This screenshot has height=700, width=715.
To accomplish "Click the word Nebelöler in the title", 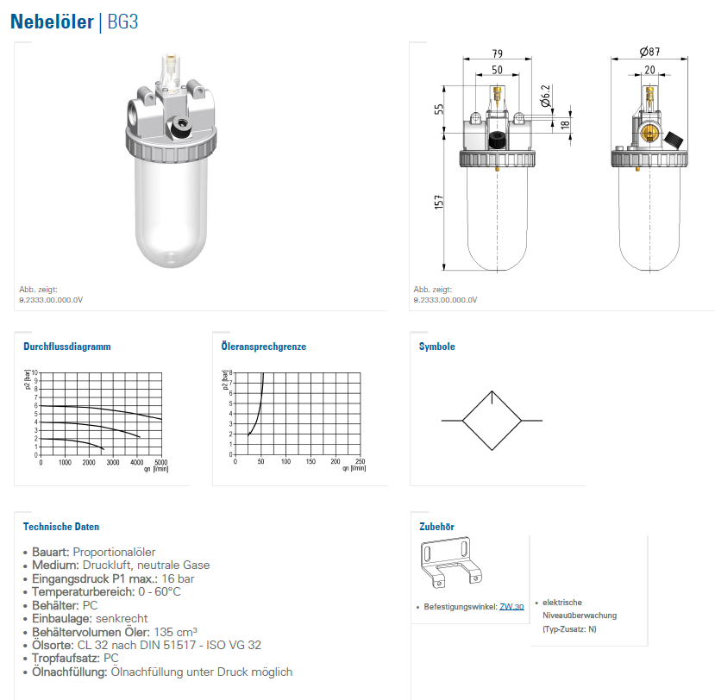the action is pyautogui.click(x=52, y=22).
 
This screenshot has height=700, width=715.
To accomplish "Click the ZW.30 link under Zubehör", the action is pyautogui.click(x=511, y=607).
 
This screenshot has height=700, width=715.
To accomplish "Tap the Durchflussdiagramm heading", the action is pyautogui.click(x=67, y=347).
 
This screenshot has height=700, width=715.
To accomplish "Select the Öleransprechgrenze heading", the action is pyautogui.click(x=264, y=347).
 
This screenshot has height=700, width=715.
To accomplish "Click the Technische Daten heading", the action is pyautogui.click(x=61, y=527).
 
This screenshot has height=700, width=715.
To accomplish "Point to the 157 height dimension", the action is pyautogui.click(x=439, y=202).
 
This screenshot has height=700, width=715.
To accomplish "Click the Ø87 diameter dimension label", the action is pyautogui.click(x=649, y=52).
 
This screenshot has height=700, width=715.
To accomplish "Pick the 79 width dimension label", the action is pyautogui.click(x=498, y=53).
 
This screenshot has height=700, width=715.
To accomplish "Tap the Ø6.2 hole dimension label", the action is pyautogui.click(x=545, y=96).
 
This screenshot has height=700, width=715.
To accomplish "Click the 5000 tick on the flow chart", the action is pyautogui.click(x=161, y=462).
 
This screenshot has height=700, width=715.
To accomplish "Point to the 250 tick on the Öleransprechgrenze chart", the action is pyautogui.click(x=361, y=461).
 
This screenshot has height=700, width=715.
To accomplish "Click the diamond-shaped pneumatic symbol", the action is pyautogui.click(x=492, y=421).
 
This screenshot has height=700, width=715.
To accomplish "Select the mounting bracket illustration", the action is pyautogui.click(x=451, y=563).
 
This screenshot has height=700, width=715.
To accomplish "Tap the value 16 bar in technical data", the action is pyautogui.click(x=178, y=578).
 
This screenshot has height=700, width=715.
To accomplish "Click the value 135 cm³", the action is pyautogui.click(x=176, y=632).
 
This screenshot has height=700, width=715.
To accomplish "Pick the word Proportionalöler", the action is pyautogui.click(x=114, y=552).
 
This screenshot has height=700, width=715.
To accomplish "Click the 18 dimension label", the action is pyautogui.click(x=566, y=124).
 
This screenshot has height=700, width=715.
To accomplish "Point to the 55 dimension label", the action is pyautogui.click(x=439, y=109).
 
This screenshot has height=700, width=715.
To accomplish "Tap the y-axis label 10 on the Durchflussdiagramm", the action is pyautogui.click(x=34, y=372).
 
